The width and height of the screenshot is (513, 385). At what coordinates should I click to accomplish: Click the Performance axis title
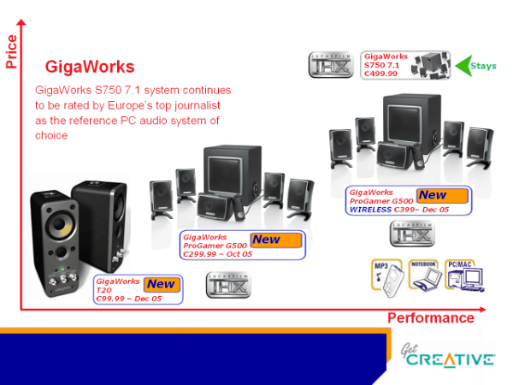coord(430,318)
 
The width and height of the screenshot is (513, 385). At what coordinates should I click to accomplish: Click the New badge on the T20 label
coord(160,284)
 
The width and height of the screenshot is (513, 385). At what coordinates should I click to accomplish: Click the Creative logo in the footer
coord(449,355)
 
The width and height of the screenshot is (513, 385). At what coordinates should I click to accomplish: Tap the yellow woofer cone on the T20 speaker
coord(56,230)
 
